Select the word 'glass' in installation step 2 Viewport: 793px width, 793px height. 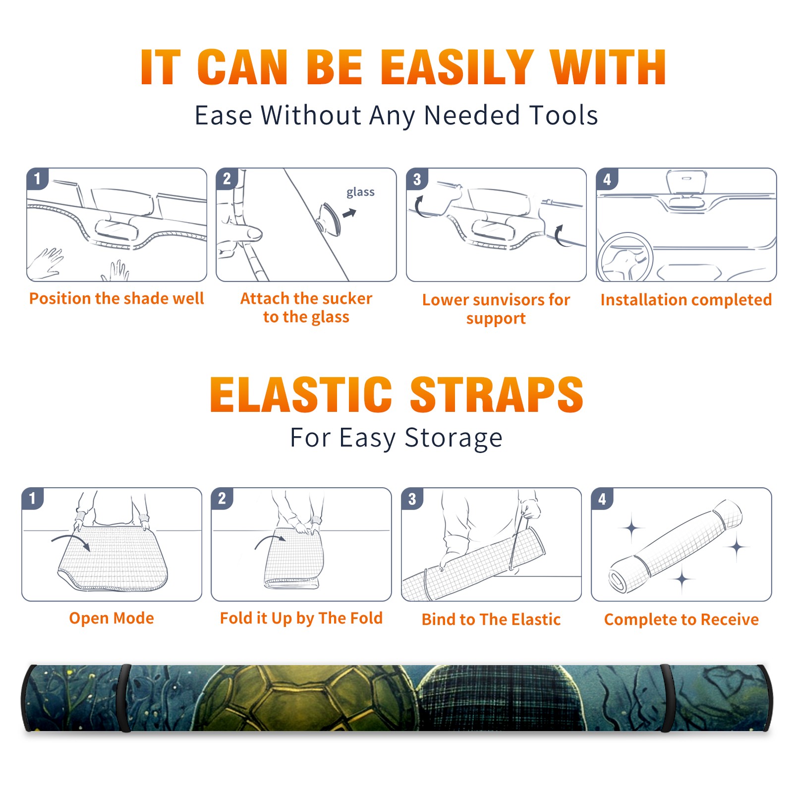click(360, 192)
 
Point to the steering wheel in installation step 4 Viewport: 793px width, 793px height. click(625, 257)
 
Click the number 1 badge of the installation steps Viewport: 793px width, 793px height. click(38, 178)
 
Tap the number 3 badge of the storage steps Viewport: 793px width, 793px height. click(412, 499)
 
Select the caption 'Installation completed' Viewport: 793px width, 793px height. click(686, 300)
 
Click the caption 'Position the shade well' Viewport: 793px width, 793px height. click(116, 298)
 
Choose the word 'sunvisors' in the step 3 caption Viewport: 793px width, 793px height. click(508, 300)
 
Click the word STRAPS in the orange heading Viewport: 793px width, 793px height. click(497, 395)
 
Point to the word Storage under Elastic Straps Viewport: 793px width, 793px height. click(453, 438)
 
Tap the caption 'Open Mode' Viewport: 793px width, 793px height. click(112, 618)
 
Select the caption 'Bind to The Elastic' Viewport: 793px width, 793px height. click(491, 620)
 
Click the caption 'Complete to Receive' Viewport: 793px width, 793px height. click(681, 620)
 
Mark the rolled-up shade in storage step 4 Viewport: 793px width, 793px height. click(676, 547)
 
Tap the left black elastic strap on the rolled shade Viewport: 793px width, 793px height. click(124, 698)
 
